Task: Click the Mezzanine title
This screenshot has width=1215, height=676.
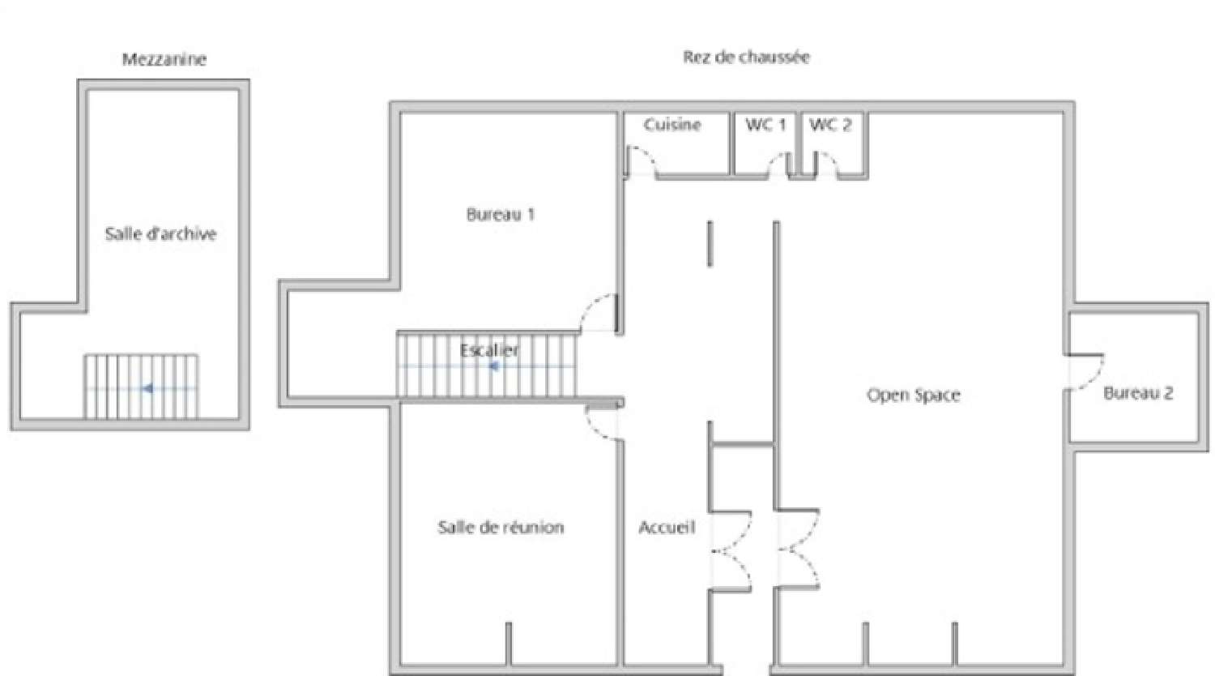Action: (164, 59)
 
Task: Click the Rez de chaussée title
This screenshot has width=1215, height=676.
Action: (746, 57)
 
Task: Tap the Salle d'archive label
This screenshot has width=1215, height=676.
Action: (160, 234)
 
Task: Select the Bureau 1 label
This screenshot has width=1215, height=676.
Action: (500, 215)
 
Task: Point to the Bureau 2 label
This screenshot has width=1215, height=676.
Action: (1138, 394)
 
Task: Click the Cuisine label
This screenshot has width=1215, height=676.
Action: (672, 125)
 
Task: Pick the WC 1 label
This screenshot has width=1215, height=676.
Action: (765, 125)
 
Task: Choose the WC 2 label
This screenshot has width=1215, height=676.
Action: (830, 125)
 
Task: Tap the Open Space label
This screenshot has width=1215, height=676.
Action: (913, 396)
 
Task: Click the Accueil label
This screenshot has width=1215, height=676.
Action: (667, 528)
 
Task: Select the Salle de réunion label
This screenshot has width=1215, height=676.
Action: (501, 528)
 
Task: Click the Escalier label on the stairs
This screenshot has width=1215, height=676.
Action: (489, 350)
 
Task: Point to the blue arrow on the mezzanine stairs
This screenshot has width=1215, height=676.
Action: (147, 389)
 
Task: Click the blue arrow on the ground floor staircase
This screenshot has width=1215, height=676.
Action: (492, 366)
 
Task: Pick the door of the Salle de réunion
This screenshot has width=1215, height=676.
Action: (603, 423)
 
